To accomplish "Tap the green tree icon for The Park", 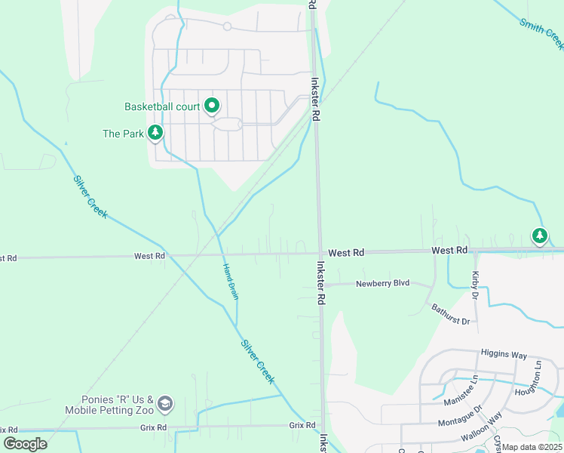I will [x=155, y=134].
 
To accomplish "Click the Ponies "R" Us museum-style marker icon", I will [x=165, y=405].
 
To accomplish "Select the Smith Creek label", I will [x=541, y=34].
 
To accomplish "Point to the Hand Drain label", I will [x=231, y=281].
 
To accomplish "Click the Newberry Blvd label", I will [x=382, y=283].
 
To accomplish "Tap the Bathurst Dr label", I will [x=451, y=314].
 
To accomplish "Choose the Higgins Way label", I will [x=503, y=354].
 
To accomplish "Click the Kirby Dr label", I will [x=475, y=285].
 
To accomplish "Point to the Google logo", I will [x=26, y=443].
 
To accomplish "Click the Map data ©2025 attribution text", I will [x=532, y=447].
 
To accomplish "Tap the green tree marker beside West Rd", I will [x=539, y=236].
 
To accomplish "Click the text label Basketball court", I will [x=162, y=107].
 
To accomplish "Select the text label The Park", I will [x=122, y=134].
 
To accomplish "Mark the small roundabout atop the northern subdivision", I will [x=227, y=27].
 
